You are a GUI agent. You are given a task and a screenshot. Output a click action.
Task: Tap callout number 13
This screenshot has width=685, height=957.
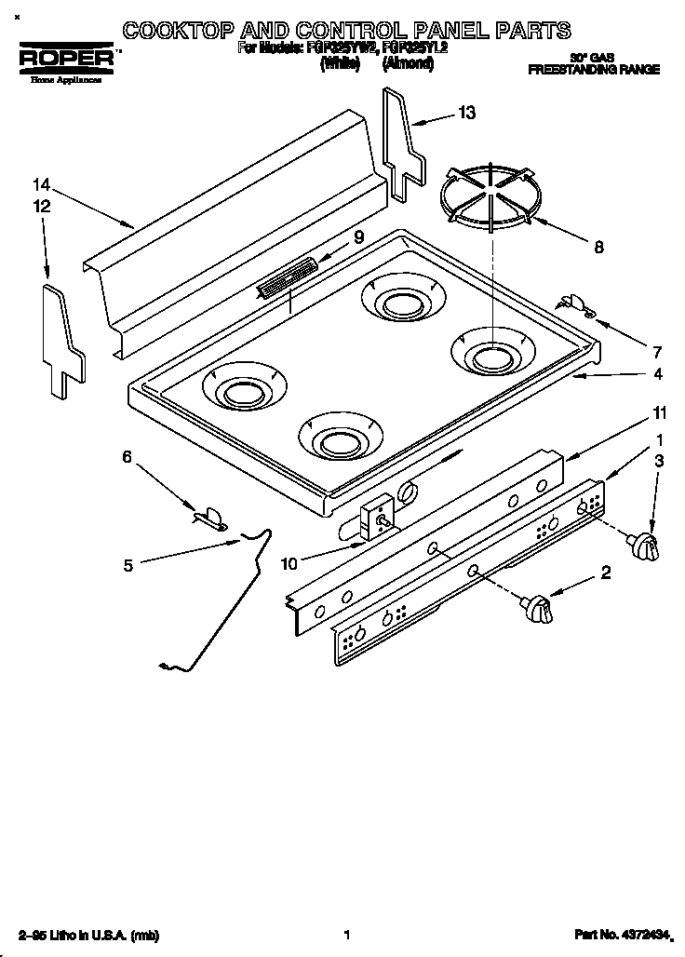pos(466,113)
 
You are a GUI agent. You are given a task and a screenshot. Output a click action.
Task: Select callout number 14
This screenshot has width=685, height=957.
pos(40,183)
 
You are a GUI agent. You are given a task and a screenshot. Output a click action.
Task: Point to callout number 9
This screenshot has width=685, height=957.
pos(358,238)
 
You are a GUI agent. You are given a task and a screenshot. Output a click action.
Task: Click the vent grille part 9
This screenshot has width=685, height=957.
pos(287,278)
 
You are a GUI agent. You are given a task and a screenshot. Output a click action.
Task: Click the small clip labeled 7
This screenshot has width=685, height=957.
pos(577,304)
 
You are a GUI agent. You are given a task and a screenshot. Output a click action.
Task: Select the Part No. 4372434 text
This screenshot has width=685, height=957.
pos(627,934)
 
